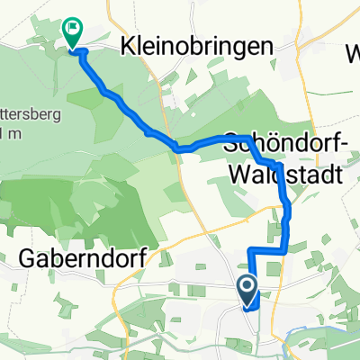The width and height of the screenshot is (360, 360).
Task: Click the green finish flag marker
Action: point(70,32)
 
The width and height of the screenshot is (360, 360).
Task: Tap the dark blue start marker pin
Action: point(247,290)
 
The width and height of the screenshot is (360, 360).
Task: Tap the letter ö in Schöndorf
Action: point(258,143)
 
